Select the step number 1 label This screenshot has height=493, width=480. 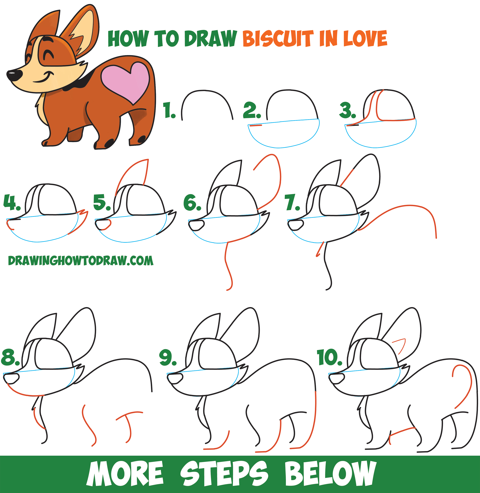pyautogui.click(x=169, y=110)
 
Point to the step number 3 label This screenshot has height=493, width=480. pyautogui.click(x=347, y=110)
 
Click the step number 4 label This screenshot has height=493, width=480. pyautogui.click(x=12, y=202)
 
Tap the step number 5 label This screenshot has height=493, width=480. pyautogui.click(x=102, y=202)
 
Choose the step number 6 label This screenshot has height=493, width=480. pyautogui.click(x=192, y=202)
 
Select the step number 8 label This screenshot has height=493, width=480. pyautogui.click(x=10, y=357)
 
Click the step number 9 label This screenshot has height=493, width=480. pyautogui.click(x=168, y=357)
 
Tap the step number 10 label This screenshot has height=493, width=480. pyautogui.click(x=329, y=357)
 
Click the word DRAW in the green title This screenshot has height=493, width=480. pyautogui.click(x=210, y=38)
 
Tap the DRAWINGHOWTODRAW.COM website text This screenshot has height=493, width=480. pyautogui.click(x=81, y=261)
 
